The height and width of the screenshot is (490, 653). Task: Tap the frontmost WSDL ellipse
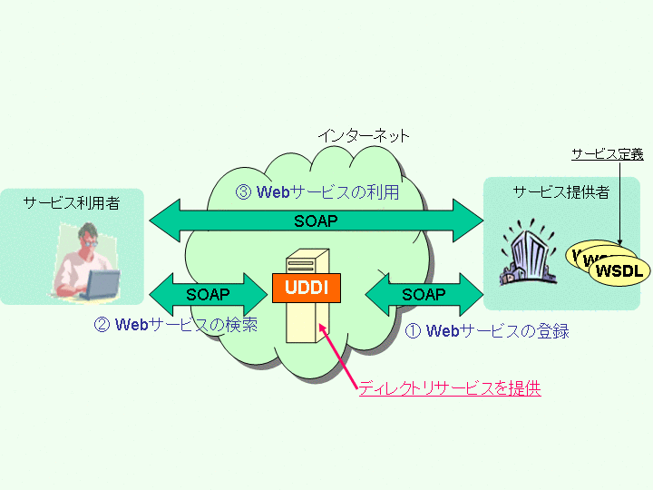(x=619, y=270)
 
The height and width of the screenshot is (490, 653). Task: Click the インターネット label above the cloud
(x=363, y=136)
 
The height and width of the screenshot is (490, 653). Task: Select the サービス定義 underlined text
(x=607, y=154)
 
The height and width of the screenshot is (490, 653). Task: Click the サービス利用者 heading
(x=71, y=203)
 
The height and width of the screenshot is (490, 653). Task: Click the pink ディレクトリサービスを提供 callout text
(x=450, y=388)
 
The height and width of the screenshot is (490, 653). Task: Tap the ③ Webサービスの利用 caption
(x=317, y=192)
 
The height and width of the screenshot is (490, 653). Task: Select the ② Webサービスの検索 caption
(x=176, y=324)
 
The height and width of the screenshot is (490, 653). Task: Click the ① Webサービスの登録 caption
(x=486, y=331)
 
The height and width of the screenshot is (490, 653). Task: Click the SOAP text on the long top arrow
(x=317, y=220)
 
